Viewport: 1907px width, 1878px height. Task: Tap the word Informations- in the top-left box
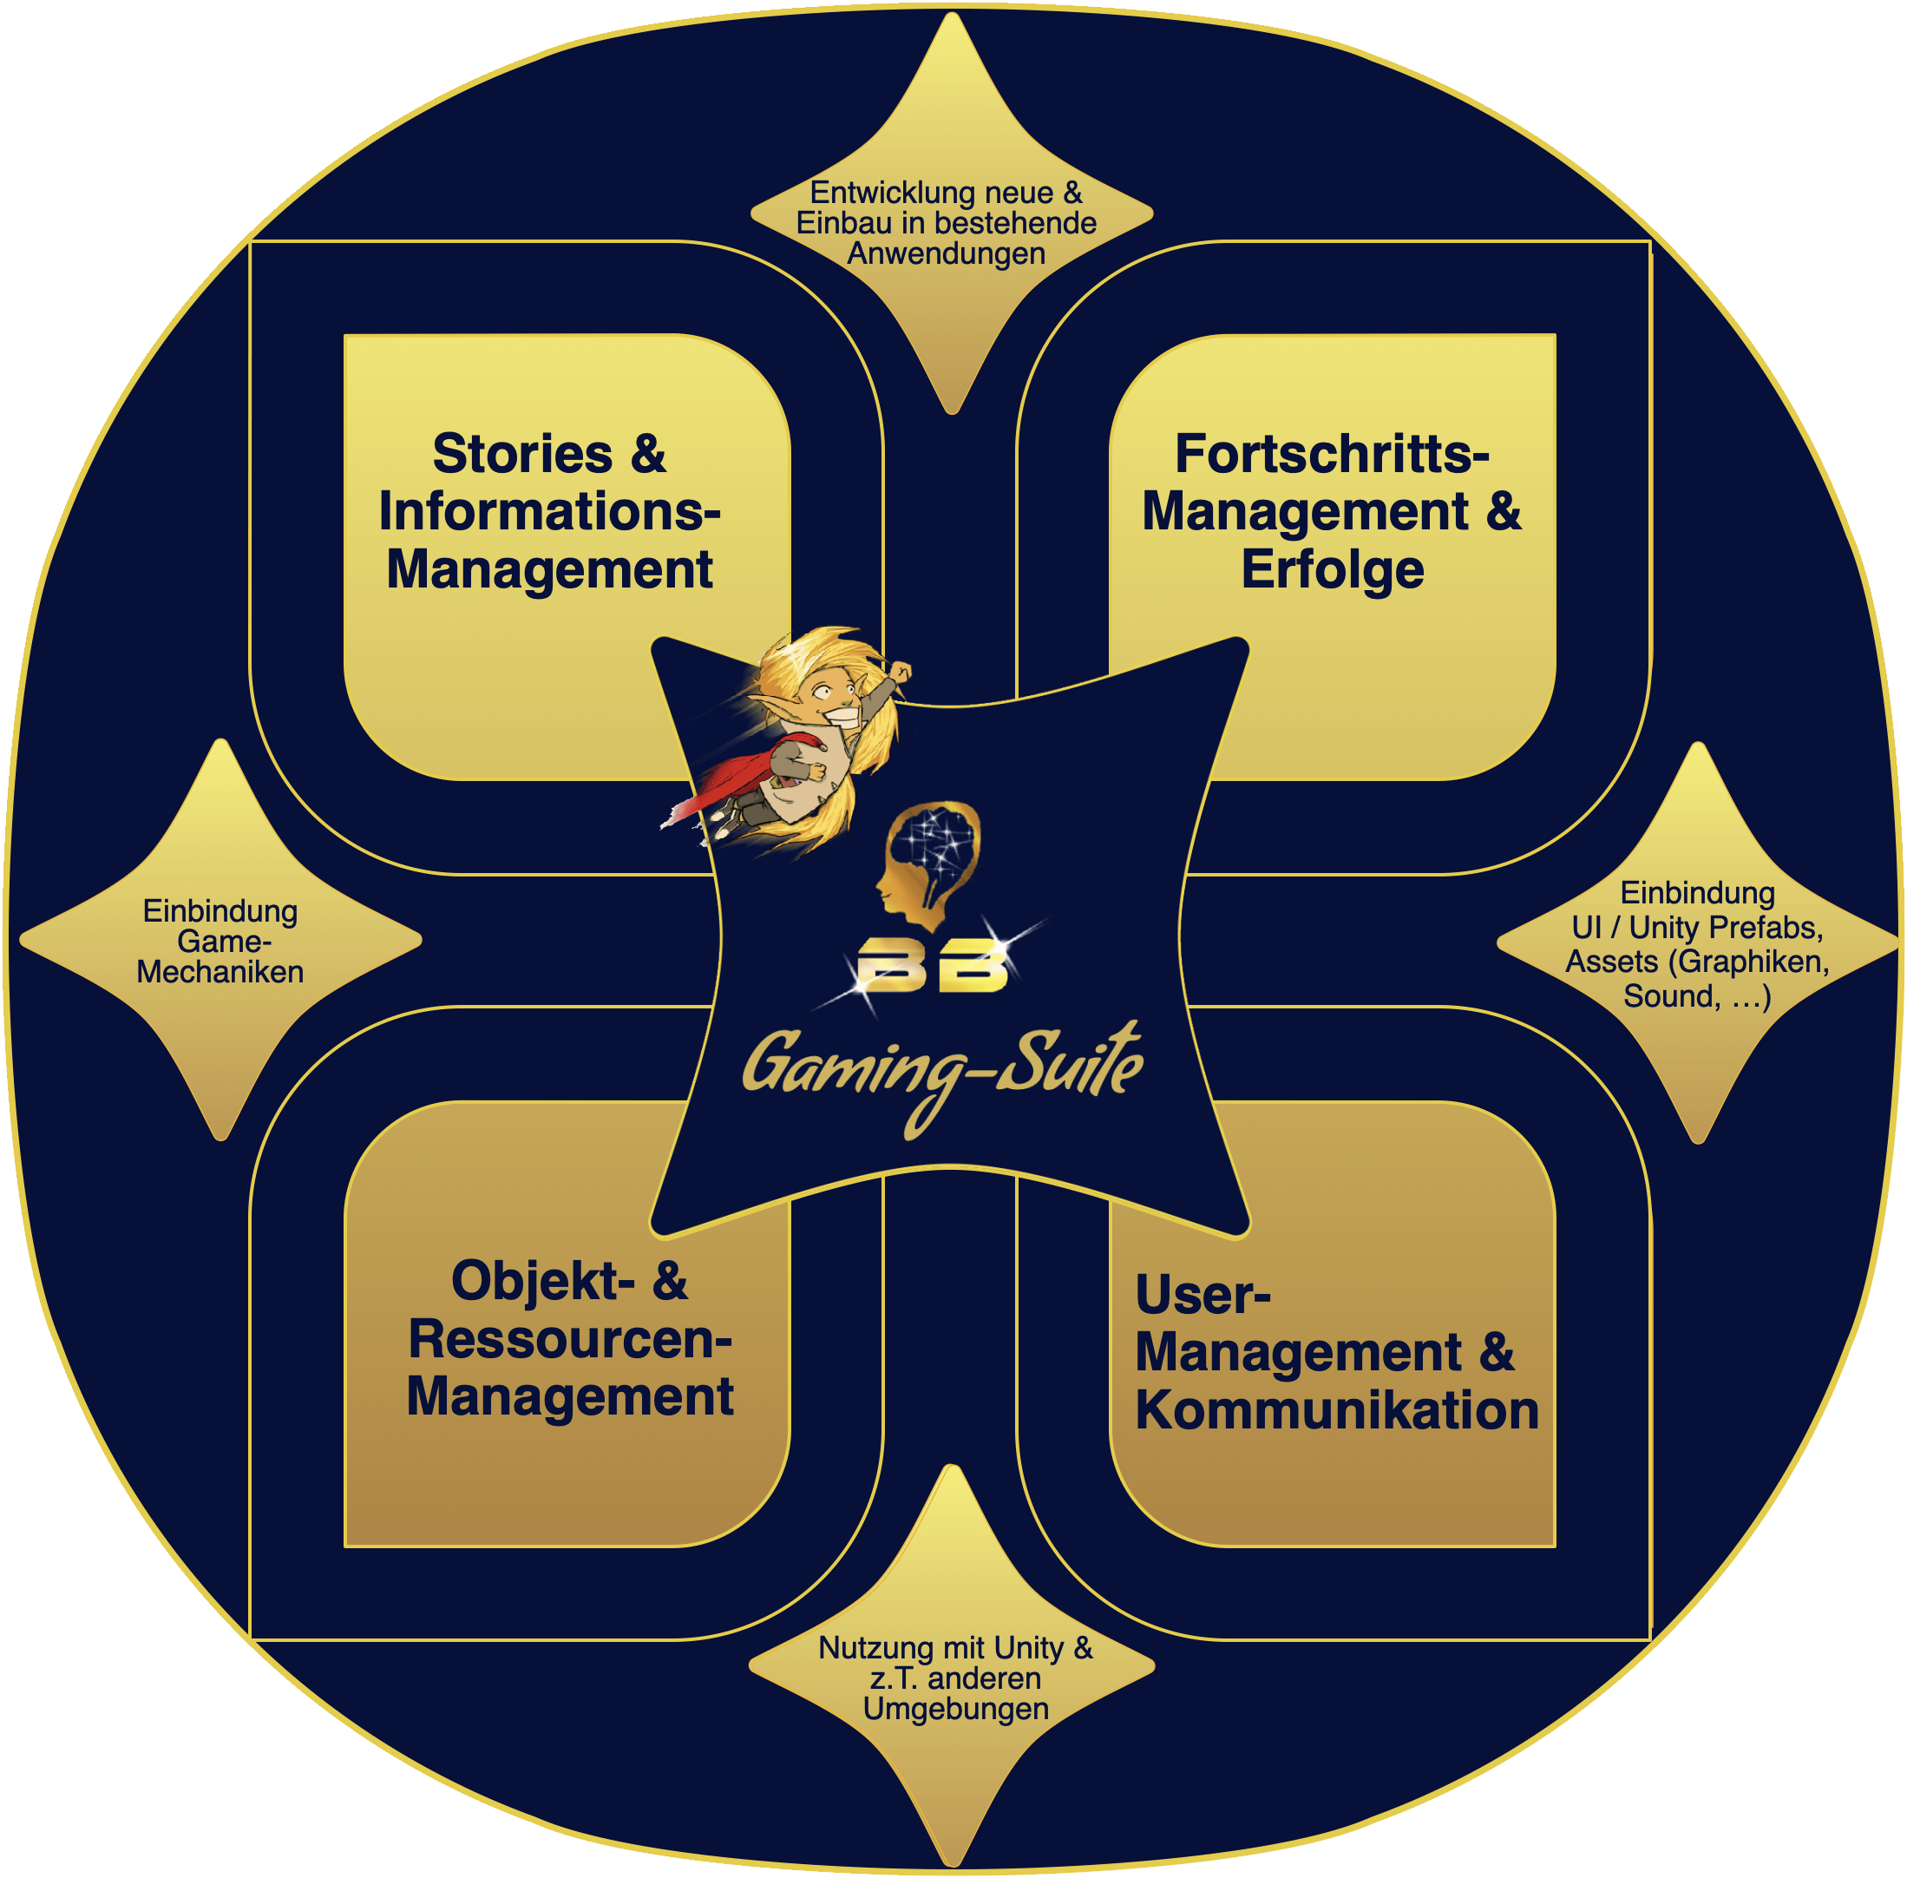(549, 511)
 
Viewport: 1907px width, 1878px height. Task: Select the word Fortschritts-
(1331, 454)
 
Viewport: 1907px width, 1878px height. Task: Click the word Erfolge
(1331, 569)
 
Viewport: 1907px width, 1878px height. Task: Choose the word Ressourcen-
(570, 1338)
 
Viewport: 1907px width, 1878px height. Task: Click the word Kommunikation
(1336, 1409)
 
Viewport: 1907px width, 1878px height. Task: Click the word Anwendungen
(947, 253)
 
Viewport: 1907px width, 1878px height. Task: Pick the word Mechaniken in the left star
(220, 972)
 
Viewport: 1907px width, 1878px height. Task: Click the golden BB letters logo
(932, 969)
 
